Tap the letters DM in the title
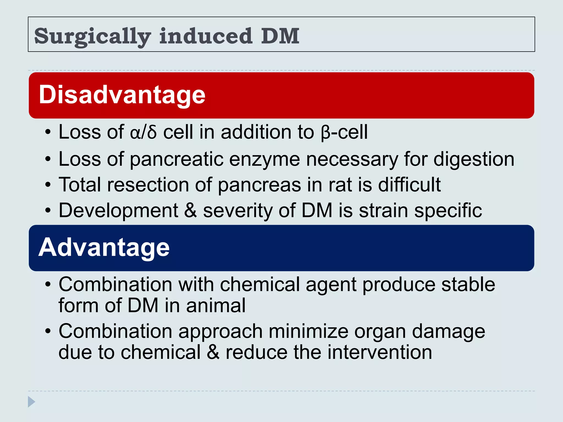click(280, 36)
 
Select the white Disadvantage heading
click(122, 95)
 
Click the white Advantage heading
click(104, 247)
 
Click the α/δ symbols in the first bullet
click(143, 132)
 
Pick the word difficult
click(409, 185)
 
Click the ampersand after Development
click(191, 210)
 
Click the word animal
click(216, 306)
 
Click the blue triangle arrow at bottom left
click(31, 402)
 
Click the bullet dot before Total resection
click(48, 185)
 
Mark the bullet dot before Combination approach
click(48, 331)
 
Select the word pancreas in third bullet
click(260, 185)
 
